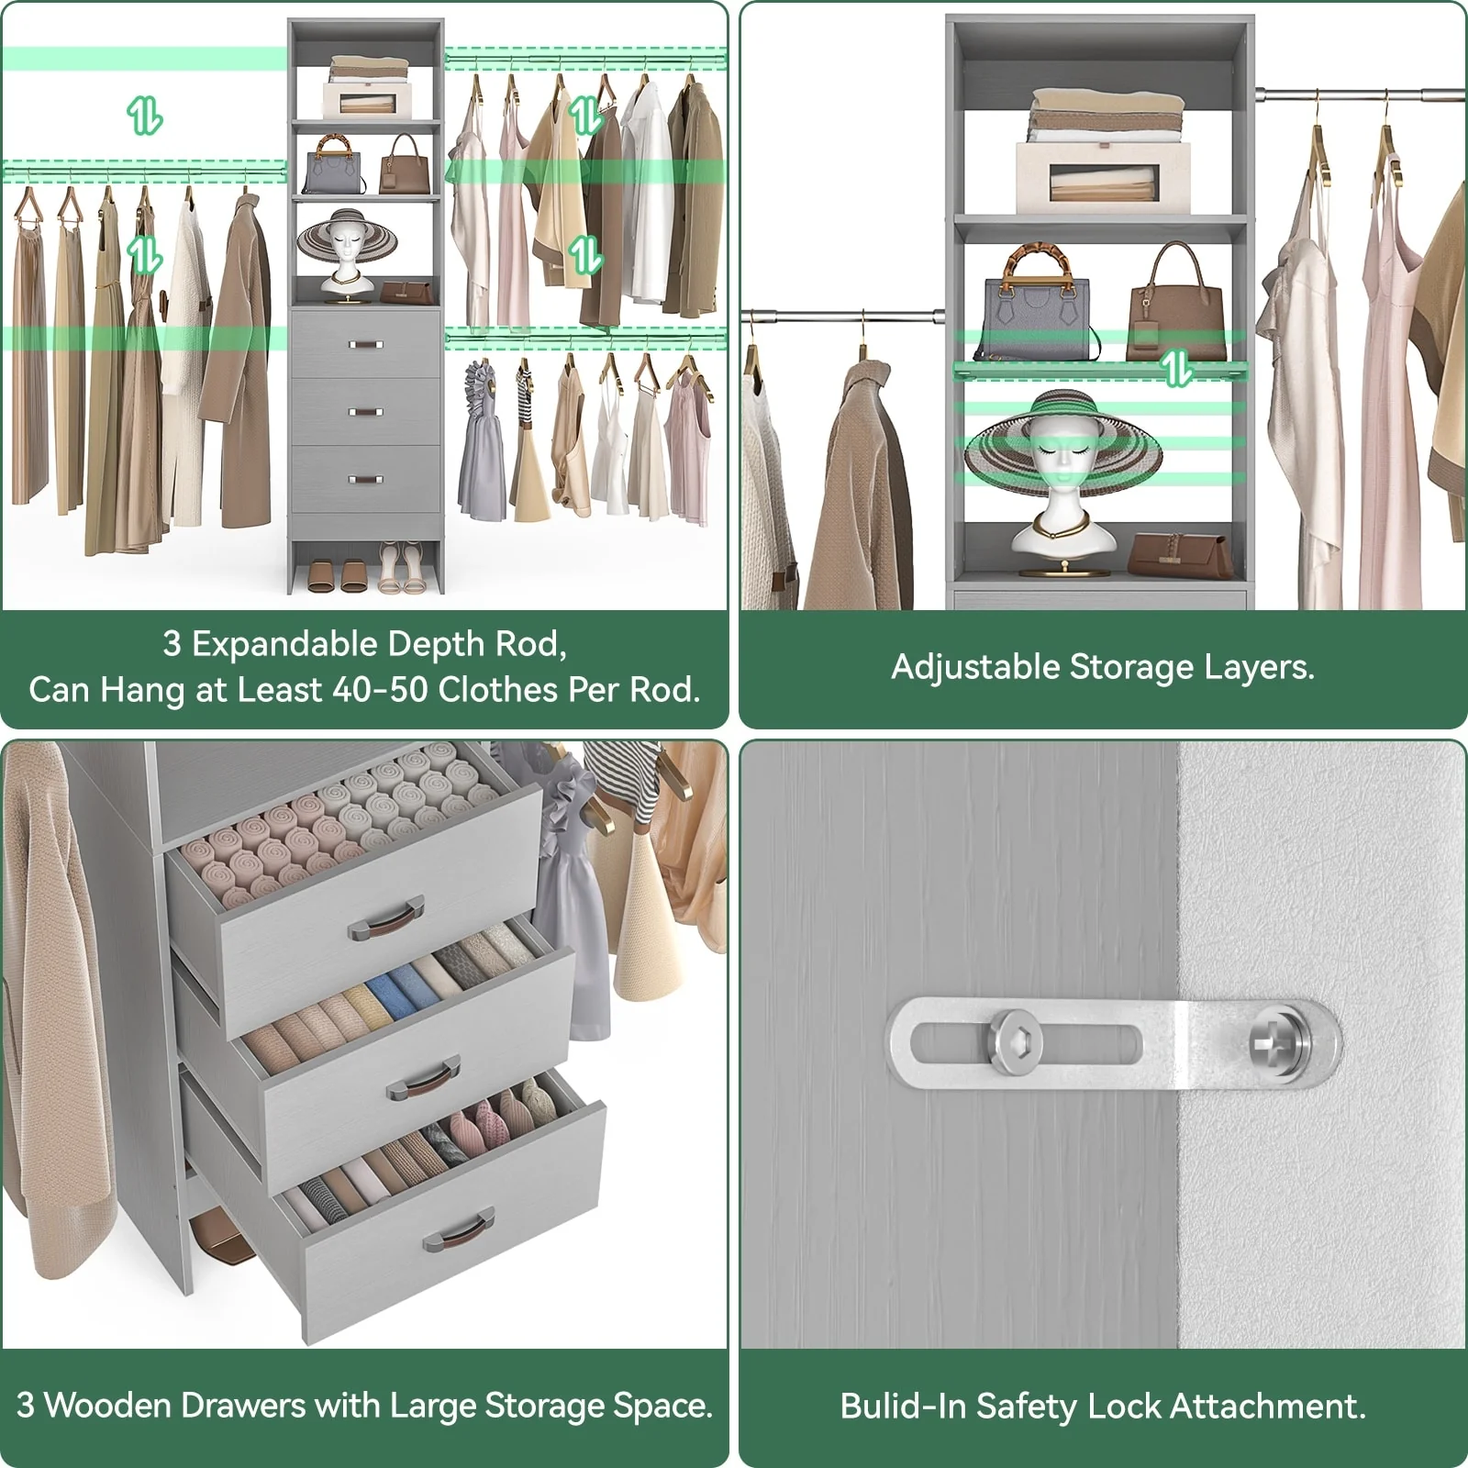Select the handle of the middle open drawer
424,1079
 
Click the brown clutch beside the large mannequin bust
1179,554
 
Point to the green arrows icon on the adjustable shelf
1175,367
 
